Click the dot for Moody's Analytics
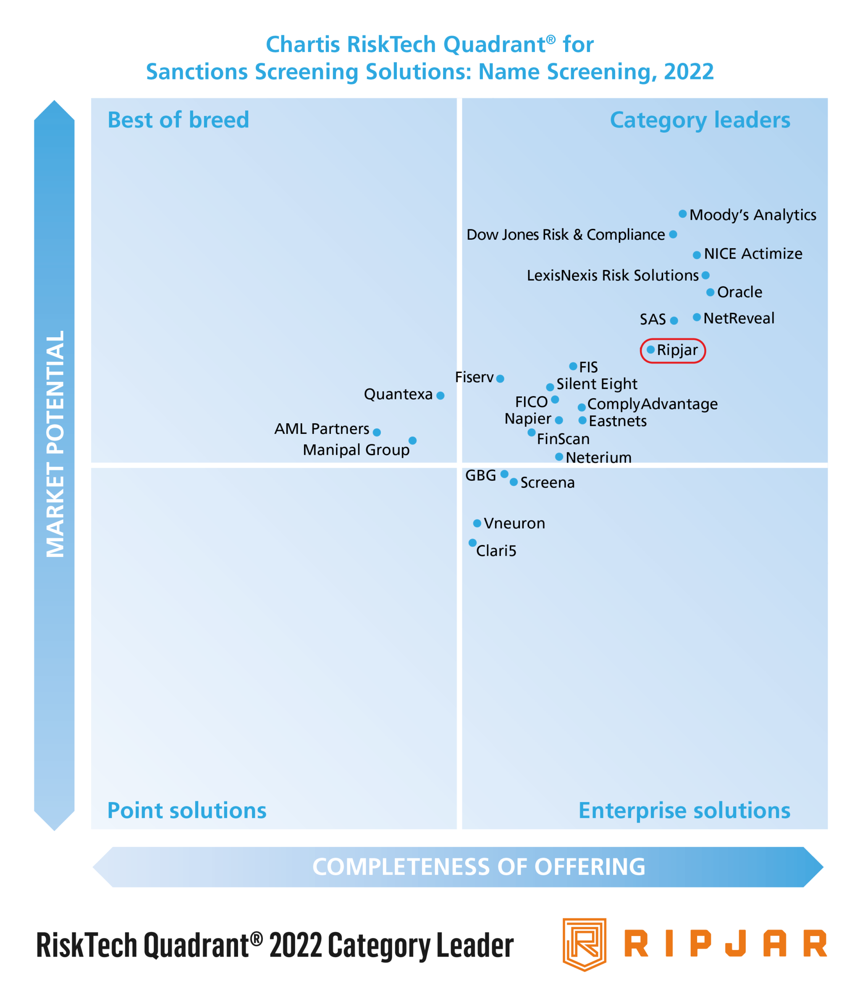[x=682, y=214]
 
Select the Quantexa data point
[x=440, y=396]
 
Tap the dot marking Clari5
[x=472, y=543]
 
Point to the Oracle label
[x=739, y=292]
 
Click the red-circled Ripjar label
[x=677, y=350]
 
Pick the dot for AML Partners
[x=377, y=432]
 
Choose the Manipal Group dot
[x=413, y=441]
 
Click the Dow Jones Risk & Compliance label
[x=566, y=234]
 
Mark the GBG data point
[x=504, y=474]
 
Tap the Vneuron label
[x=514, y=523]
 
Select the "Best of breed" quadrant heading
[x=178, y=120]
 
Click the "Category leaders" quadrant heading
[x=700, y=120]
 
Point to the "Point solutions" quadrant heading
[x=187, y=811]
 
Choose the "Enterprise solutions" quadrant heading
[x=684, y=811]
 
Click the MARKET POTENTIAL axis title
[x=55, y=444]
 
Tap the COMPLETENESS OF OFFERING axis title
[x=478, y=867]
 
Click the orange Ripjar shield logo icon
[x=584, y=944]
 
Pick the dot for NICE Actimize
[x=697, y=255]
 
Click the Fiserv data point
[x=500, y=379]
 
